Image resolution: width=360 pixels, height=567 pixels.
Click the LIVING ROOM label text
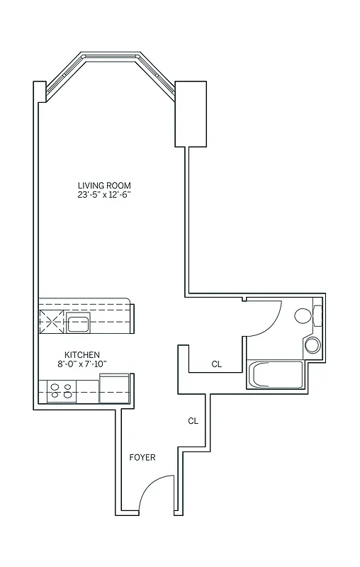coord(104,186)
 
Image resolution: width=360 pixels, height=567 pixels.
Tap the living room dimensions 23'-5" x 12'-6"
coord(104,195)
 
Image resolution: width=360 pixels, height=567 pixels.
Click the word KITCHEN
coord(81,354)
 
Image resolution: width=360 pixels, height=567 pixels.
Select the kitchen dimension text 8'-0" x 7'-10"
coord(81,364)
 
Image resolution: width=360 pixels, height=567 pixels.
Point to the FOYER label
coord(142,457)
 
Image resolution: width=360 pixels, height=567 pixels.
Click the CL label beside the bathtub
coord(217,364)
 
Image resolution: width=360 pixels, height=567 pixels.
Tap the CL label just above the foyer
coord(193,421)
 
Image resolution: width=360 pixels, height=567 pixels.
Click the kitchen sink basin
coord(78,325)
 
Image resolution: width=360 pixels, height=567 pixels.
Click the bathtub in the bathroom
coord(276,374)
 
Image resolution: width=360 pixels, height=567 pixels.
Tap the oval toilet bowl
coord(303,316)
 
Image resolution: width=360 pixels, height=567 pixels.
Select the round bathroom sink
coord(313,345)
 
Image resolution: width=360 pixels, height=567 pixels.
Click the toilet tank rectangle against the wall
coord(318,315)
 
